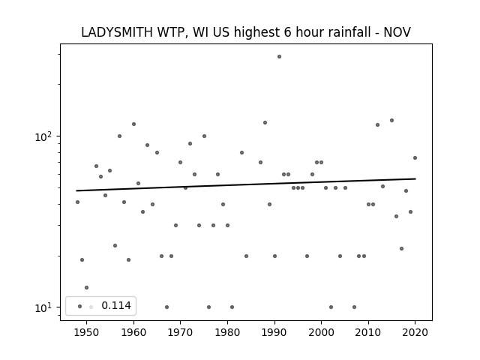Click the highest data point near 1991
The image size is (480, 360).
[x=279, y=57]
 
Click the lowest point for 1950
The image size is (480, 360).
[x=87, y=288]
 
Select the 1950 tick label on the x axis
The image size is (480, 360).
[x=87, y=332]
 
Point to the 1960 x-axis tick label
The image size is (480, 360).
[x=133, y=332]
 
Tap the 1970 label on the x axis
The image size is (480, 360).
[x=181, y=332]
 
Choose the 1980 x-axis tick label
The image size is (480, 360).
[x=227, y=332]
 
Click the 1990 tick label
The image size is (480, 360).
[x=274, y=332]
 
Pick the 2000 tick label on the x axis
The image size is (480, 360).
[x=322, y=332]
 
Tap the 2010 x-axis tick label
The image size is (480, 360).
[x=368, y=332]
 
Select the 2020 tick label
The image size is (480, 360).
[x=415, y=332]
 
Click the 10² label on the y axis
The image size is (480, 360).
[x=43, y=136]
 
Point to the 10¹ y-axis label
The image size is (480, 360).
[x=43, y=307]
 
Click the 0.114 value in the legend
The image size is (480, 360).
[x=116, y=305]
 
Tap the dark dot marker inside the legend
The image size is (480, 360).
[x=80, y=307]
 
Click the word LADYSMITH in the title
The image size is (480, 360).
[x=117, y=32]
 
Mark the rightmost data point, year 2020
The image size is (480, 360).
[x=415, y=158]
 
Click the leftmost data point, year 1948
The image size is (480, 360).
[x=77, y=202]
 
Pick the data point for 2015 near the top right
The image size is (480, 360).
[x=391, y=121]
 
